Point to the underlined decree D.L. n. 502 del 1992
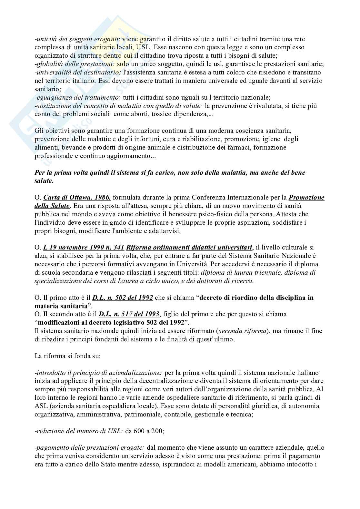point(123,298)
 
